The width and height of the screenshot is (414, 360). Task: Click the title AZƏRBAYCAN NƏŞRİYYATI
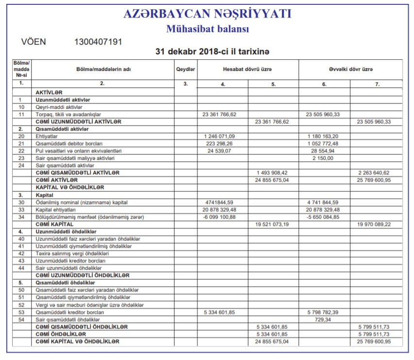tap(207, 14)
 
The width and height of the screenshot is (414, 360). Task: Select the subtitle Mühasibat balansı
tap(207, 29)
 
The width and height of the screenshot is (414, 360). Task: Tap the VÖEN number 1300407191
tap(98, 42)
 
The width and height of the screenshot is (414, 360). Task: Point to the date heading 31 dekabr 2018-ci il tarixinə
tap(212, 51)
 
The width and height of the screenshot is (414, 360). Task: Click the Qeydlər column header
tap(185, 69)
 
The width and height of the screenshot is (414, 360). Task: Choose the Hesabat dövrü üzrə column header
tap(247, 69)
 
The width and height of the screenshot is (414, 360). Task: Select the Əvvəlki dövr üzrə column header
tap(351, 69)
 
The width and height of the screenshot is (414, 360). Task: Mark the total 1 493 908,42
tap(272, 172)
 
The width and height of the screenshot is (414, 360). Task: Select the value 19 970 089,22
tap(374, 224)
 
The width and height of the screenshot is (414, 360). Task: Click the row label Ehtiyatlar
tap(47, 137)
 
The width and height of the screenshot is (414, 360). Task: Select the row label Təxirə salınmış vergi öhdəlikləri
tap(72, 253)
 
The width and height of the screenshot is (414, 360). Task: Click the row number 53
tap(21, 312)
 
